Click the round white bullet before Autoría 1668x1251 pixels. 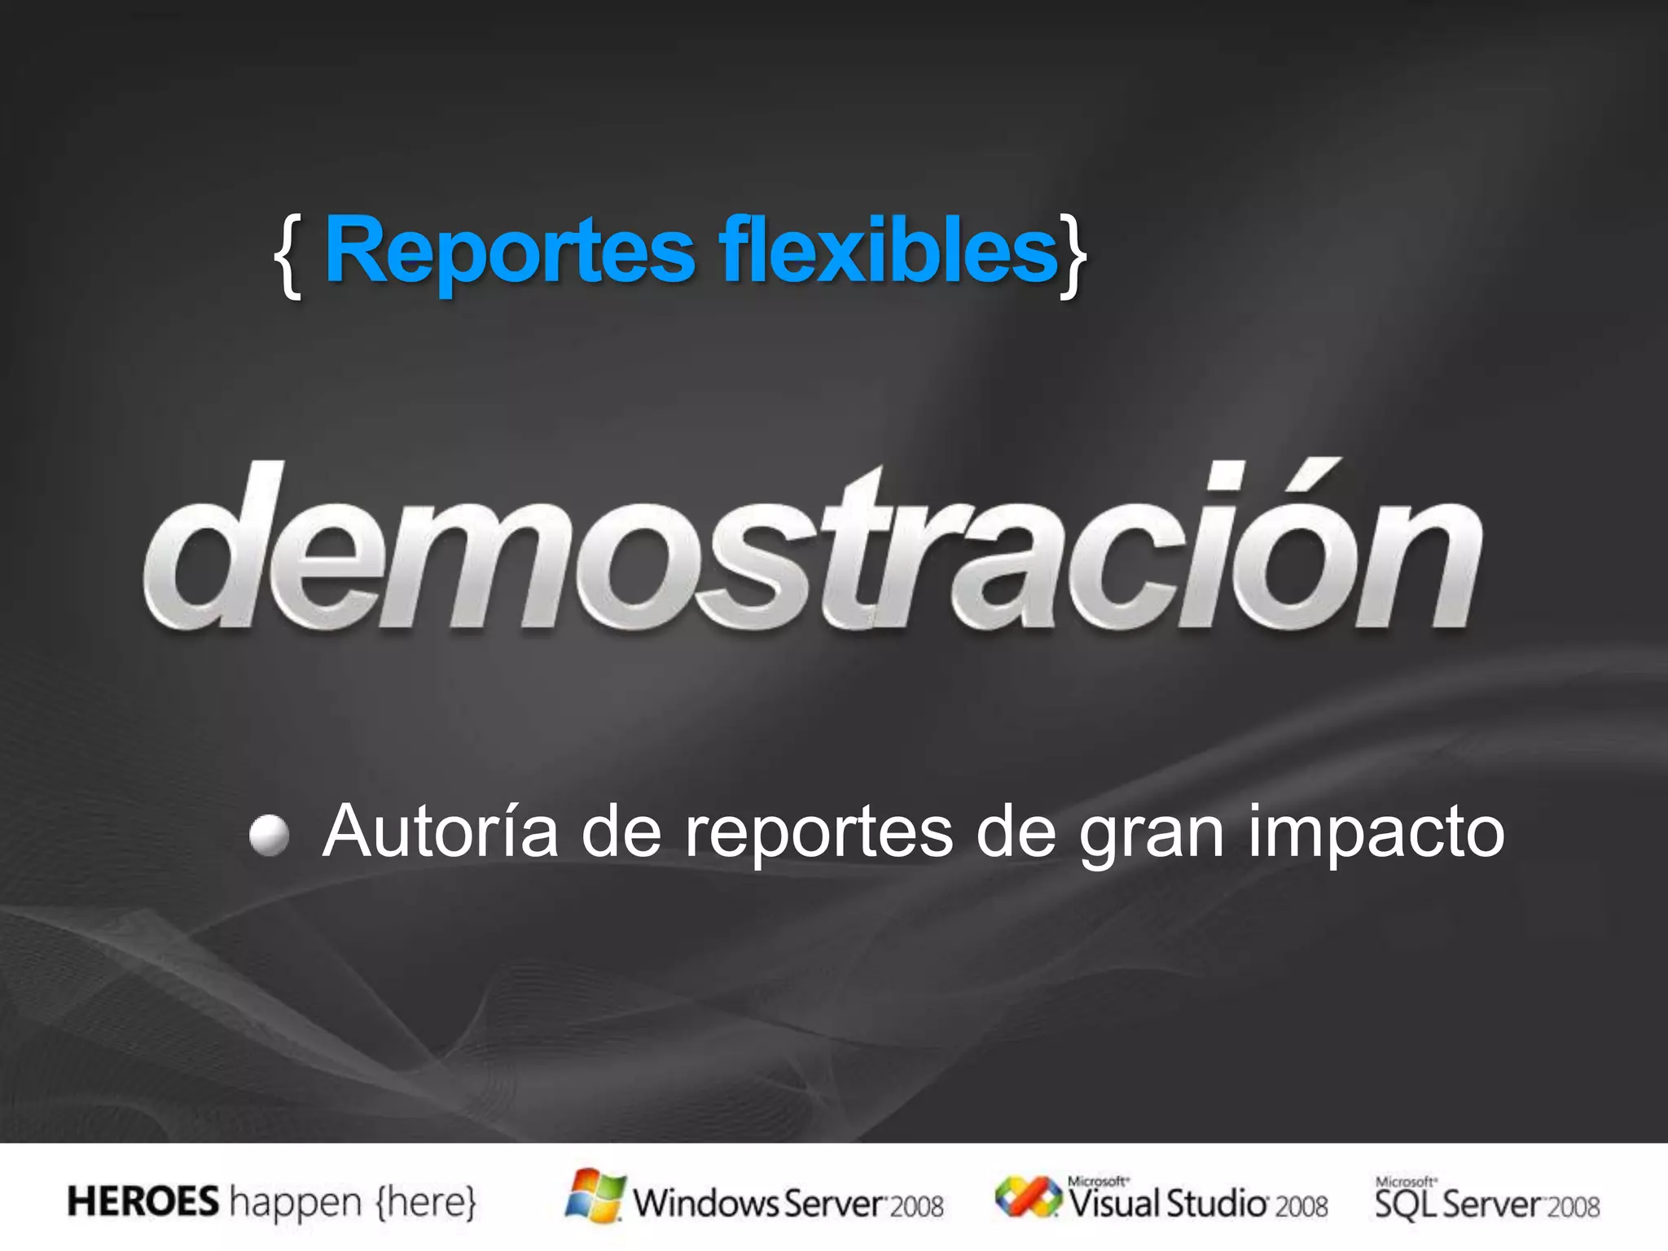tap(269, 836)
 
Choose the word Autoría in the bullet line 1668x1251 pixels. tap(441, 832)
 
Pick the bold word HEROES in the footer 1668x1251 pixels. tap(143, 1202)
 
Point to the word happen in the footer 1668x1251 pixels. tap(296, 1204)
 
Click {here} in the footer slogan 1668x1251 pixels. tap(425, 1202)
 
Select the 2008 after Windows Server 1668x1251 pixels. tap(916, 1206)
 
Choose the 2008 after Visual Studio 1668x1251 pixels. tap(1301, 1206)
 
